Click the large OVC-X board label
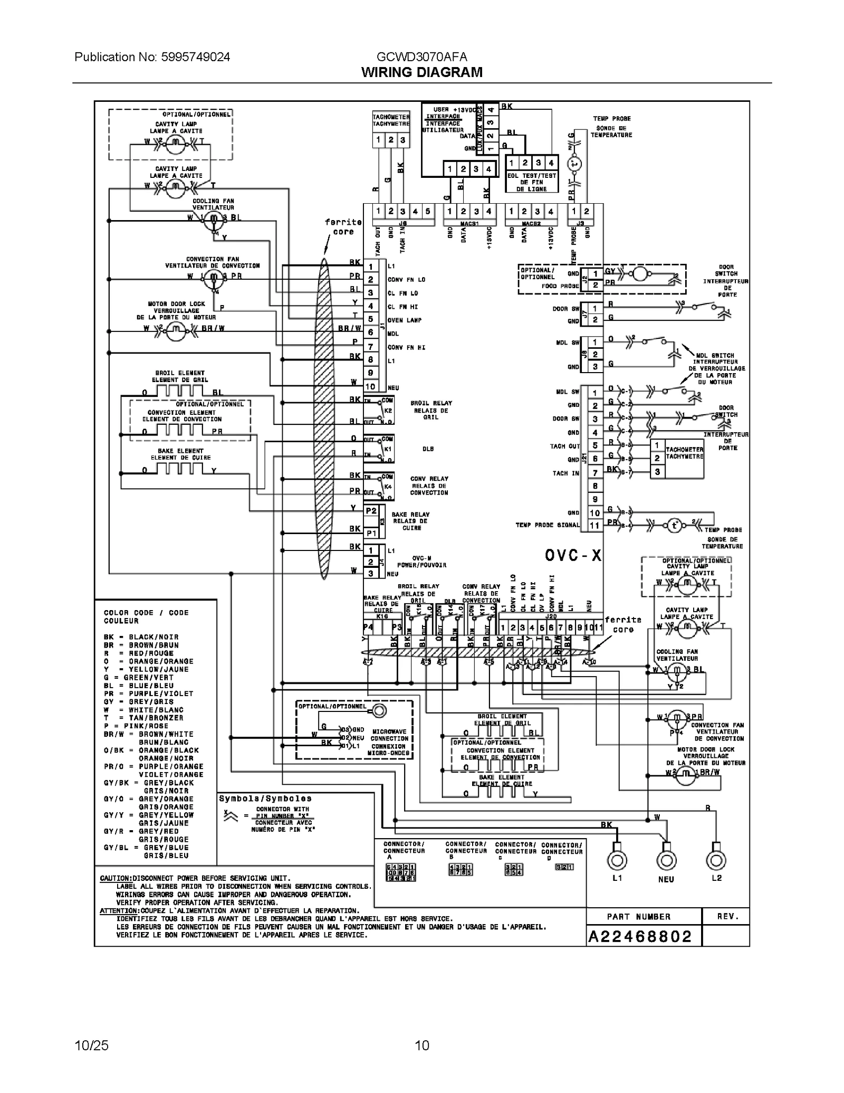[x=573, y=555]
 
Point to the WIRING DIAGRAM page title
[x=421, y=72]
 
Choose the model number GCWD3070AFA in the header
[x=421, y=57]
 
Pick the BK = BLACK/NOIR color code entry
[x=141, y=637]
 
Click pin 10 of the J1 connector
[x=370, y=386]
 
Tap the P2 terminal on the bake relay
[x=371, y=511]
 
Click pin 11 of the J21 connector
[x=595, y=525]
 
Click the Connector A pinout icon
[x=401, y=872]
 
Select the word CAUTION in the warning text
[x=116, y=878]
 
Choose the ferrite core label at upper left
[x=343, y=226]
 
